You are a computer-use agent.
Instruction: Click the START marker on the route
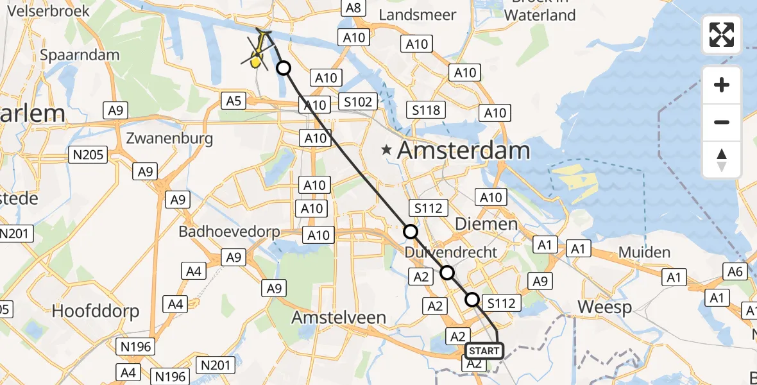click(484, 351)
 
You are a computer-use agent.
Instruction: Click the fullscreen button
click(722, 35)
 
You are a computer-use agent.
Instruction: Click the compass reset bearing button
click(722, 160)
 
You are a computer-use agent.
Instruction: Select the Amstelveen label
click(339, 317)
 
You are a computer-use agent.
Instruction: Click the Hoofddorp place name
click(96, 311)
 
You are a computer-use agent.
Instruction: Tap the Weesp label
click(604, 307)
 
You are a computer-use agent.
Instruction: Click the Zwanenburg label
click(169, 138)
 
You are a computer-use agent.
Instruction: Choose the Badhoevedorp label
click(230, 232)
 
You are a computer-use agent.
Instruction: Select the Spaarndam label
click(80, 55)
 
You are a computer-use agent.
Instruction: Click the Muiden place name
click(645, 252)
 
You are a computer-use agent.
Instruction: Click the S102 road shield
click(357, 101)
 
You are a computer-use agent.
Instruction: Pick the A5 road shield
click(234, 100)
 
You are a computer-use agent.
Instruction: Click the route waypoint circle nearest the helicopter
click(283, 67)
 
